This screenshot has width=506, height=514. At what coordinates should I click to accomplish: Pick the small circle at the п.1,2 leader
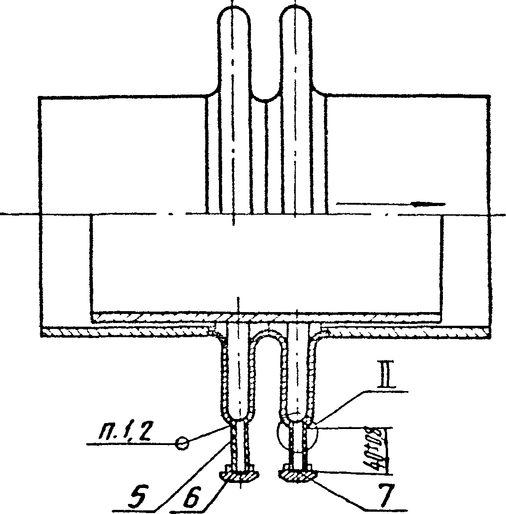pos(182,443)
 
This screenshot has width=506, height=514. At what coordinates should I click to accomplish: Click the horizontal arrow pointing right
pos(391,204)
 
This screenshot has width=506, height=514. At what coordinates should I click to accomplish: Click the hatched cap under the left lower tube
pos(240,476)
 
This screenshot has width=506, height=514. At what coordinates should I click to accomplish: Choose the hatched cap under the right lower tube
pos(297,476)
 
